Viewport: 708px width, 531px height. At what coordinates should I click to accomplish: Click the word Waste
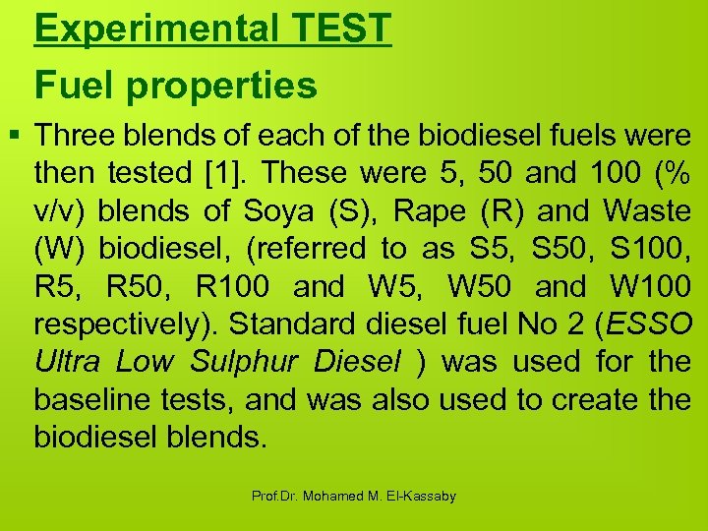(646, 210)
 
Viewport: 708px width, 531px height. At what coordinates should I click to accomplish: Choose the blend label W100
(650, 287)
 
